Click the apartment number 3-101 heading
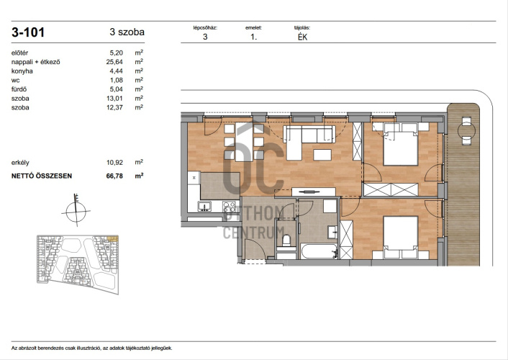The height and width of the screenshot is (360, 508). [x=28, y=32]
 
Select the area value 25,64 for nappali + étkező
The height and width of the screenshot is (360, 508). [x=114, y=62]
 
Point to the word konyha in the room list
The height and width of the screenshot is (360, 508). [x=22, y=71]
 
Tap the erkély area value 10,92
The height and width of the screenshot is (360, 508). [x=114, y=163]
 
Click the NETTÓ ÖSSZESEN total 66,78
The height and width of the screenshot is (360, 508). [x=114, y=176]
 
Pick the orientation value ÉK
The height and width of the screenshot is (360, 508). [x=303, y=37]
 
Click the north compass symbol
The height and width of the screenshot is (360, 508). [x=76, y=211]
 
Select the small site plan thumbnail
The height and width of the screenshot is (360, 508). [x=78, y=264]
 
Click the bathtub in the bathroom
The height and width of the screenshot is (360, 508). [x=319, y=251]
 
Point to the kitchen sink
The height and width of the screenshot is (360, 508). [x=204, y=206]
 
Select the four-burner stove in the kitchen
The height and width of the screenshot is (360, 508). [x=229, y=206]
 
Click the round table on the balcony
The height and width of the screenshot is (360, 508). [x=466, y=131]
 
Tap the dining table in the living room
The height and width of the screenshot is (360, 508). [x=244, y=142]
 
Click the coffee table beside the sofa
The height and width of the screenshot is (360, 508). [x=322, y=155]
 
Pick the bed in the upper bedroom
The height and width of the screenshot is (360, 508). [x=401, y=144]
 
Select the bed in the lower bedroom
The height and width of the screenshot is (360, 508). [x=401, y=238]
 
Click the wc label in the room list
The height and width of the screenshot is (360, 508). [x=16, y=80]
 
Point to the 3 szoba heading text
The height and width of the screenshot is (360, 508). [x=127, y=32]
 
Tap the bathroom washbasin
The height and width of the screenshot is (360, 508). [x=332, y=232]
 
